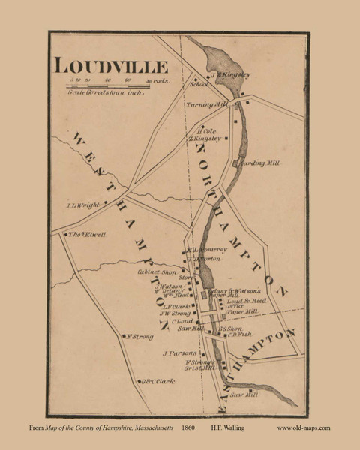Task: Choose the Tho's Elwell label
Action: click(x=87, y=234)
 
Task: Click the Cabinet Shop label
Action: click(x=158, y=272)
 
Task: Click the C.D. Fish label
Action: click(x=238, y=335)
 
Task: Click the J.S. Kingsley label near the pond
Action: click(x=229, y=75)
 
